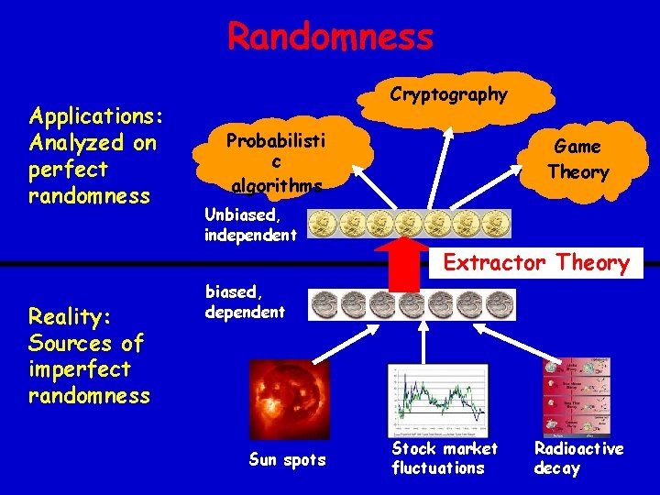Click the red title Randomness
(x=330, y=38)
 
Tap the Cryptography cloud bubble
(x=448, y=95)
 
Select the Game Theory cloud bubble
(x=578, y=159)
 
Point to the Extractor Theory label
(x=536, y=264)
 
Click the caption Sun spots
(x=287, y=459)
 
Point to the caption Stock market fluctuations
(x=444, y=458)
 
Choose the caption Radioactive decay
(x=578, y=458)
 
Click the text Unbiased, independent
(x=250, y=225)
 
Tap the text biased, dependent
(x=245, y=302)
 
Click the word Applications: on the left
(x=96, y=116)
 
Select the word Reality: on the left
(x=70, y=316)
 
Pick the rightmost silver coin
(x=500, y=304)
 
